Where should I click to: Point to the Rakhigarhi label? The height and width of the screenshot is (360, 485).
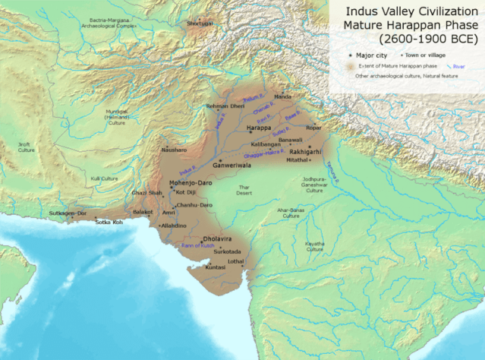click(305, 150)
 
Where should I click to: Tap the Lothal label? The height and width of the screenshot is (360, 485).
click(236, 261)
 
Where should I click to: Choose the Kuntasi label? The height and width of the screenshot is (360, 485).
click(216, 268)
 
